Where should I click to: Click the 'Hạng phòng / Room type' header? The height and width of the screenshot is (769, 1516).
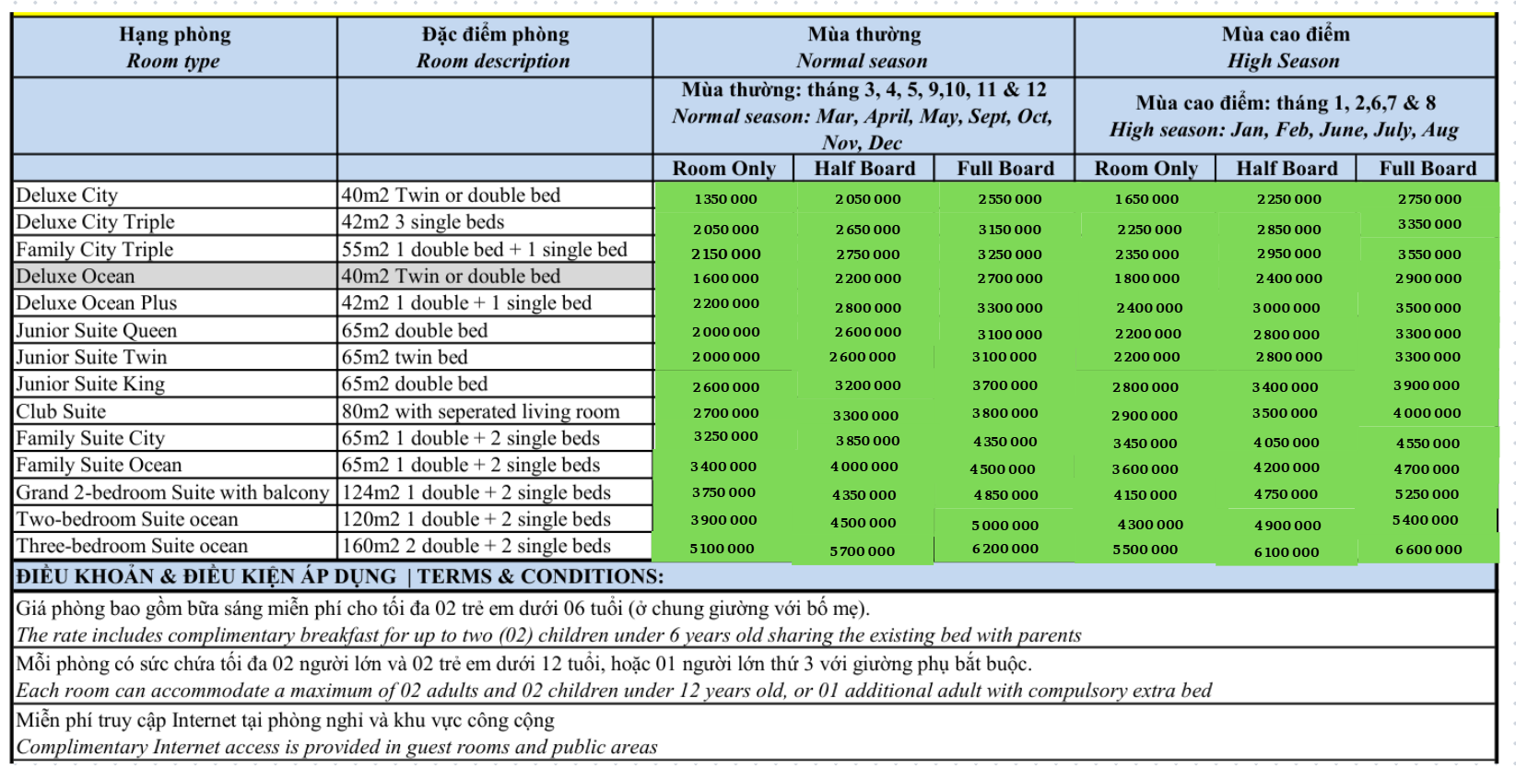(x=174, y=48)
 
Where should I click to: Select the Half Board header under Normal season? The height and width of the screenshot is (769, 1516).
(x=864, y=169)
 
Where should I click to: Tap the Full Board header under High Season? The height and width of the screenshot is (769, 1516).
(x=1427, y=169)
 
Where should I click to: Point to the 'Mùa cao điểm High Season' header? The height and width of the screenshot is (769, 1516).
(x=1285, y=48)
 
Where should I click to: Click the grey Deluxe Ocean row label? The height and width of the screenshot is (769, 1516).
(x=76, y=277)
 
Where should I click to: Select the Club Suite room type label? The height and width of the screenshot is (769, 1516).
(x=61, y=411)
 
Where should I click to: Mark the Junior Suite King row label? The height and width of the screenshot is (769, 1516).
(x=90, y=384)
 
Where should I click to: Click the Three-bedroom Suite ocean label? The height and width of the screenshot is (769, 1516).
(x=132, y=546)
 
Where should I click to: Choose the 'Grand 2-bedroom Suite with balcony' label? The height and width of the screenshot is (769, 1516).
(x=172, y=492)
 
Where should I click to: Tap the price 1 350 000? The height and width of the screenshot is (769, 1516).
(x=725, y=199)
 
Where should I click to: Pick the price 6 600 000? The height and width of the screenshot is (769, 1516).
(x=1428, y=550)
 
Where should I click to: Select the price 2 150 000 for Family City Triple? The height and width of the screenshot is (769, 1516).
(x=725, y=254)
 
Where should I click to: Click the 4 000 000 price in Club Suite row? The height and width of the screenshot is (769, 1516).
(x=1427, y=413)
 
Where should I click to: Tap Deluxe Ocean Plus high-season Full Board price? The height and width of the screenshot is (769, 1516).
(x=1427, y=308)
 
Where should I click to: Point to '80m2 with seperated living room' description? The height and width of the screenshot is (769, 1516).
(x=480, y=411)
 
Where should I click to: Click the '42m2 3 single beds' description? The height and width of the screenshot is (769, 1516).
(x=422, y=222)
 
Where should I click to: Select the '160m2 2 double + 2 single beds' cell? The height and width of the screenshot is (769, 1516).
(x=476, y=546)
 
